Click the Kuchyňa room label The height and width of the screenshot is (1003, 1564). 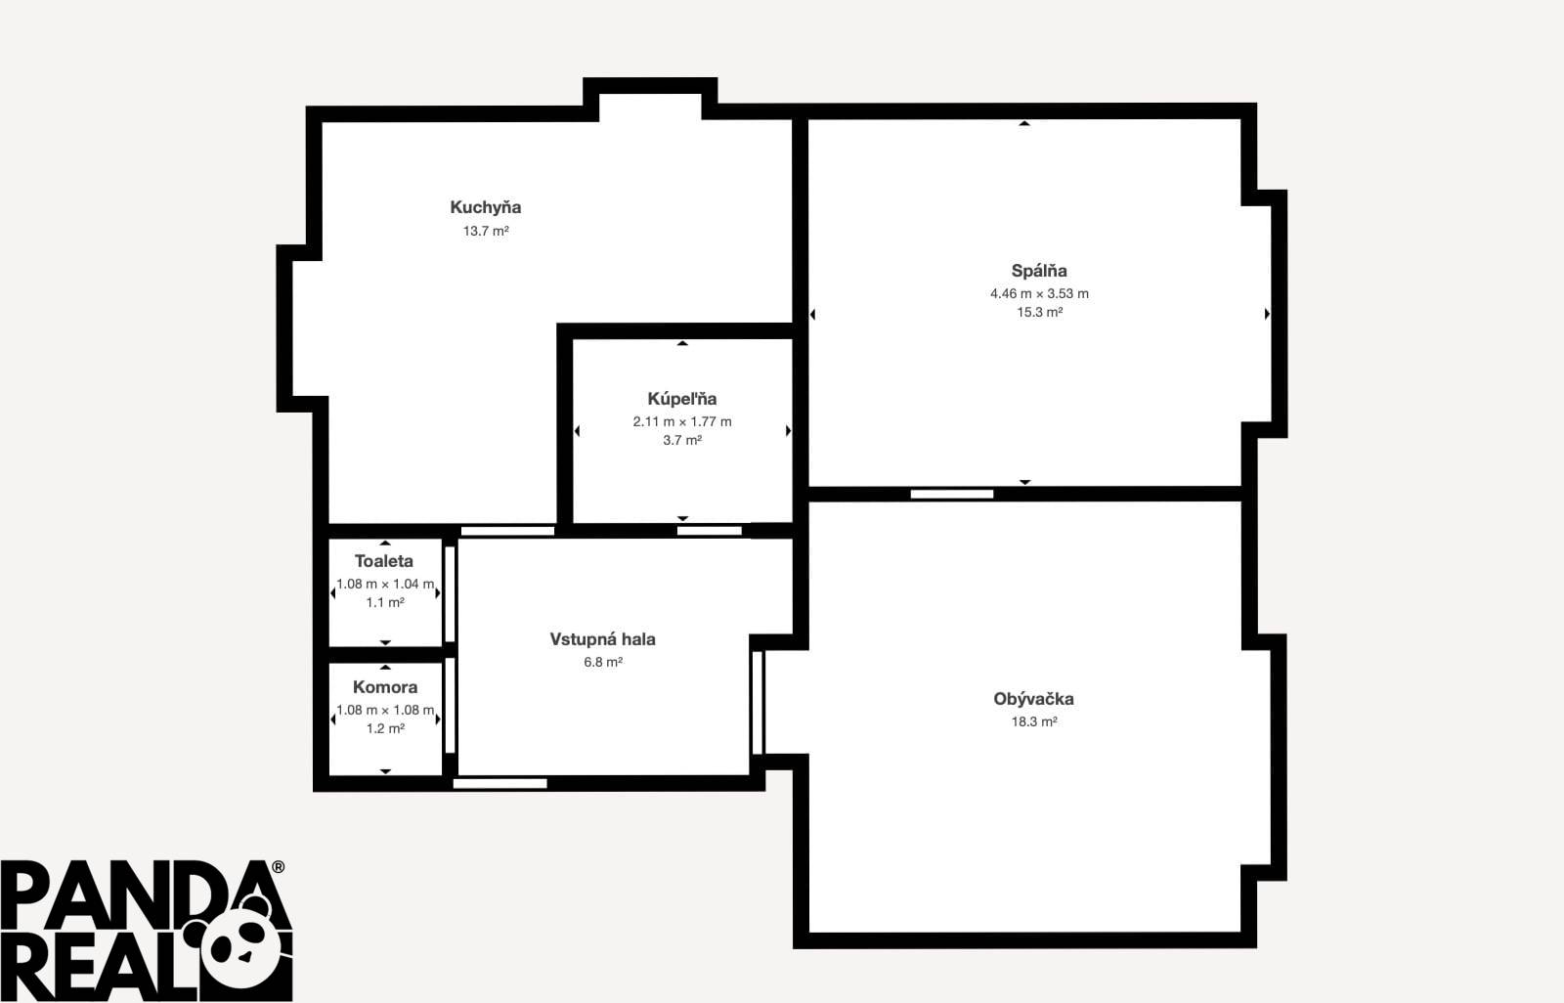[x=485, y=207]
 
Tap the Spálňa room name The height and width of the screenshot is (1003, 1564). [x=1039, y=271]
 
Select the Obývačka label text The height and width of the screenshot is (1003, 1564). [x=1033, y=698]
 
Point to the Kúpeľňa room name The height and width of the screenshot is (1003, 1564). [x=682, y=398]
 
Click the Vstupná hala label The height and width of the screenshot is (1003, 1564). [x=602, y=639]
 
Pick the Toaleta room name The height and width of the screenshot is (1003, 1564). [x=384, y=561]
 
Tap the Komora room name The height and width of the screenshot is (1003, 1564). [x=385, y=686]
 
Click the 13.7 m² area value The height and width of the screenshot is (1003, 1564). [x=486, y=231]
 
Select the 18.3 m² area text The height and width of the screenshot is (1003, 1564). [x=1034, y=721]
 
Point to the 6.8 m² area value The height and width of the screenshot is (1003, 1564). [x=603, y=662]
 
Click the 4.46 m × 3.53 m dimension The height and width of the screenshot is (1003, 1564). [x=1039, y=293]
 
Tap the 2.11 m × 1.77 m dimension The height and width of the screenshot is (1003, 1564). [x=682, y=421]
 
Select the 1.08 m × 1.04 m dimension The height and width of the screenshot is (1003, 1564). [x=385, y=584]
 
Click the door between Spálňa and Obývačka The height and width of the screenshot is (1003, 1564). [x=952, y=494]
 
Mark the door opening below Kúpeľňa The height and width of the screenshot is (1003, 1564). [x=710, y=531]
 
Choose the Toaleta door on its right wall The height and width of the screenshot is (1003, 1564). [x=451, y=594]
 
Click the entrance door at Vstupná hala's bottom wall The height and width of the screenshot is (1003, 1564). [x=500, y=784]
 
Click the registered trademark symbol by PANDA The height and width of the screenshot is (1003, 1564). [x=278, y=867]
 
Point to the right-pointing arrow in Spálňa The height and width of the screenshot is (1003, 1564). [x=1267, y=315]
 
